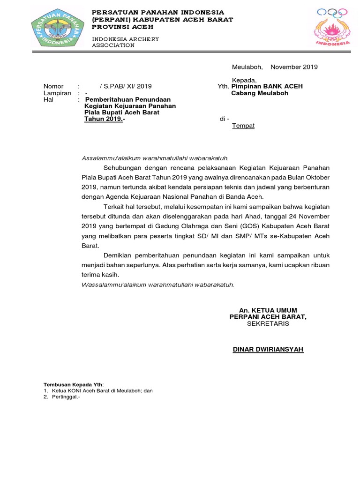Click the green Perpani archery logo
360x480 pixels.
57,28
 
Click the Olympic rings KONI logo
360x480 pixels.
332,27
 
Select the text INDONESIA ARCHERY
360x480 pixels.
125,38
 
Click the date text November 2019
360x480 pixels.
294,67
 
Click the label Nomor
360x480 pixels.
53,86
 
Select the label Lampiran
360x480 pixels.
57,93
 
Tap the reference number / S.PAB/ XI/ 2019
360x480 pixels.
126,86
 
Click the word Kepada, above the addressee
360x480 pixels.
245,80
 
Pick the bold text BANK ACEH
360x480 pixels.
283,86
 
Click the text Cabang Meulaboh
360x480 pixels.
260,93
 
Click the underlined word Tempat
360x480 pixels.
243,126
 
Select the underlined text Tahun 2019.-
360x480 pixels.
105,119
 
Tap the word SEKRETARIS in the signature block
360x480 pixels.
268,323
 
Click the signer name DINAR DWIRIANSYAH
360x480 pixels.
268,349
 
